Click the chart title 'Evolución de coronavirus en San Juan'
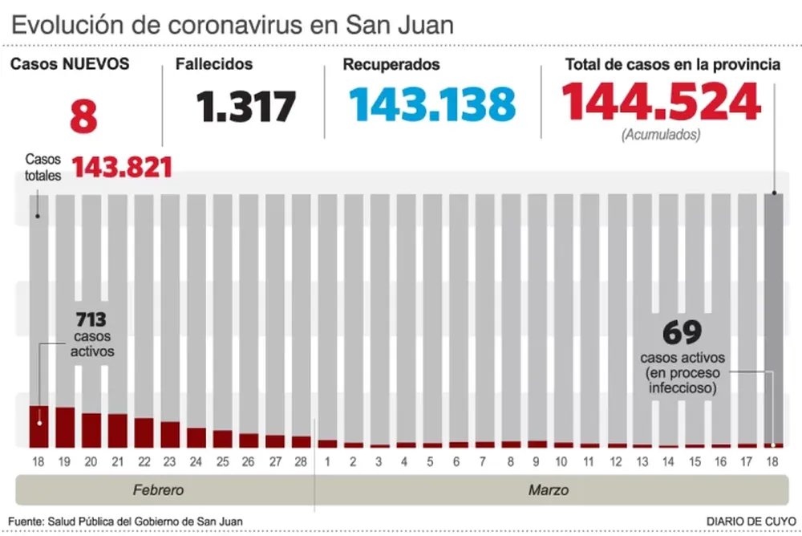[x=233, y=24]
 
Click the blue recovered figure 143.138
[x=431, y=104]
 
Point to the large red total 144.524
[x=660, y=102]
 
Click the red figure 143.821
[x=123, y=167]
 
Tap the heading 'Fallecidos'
[x=213, y=64]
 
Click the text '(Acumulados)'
[x=660, y=135]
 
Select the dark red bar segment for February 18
[x=39, y=427]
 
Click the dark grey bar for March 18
[x=774, y=321]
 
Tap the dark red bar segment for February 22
[x=144, y=432]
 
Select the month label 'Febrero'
[x=158, y=489]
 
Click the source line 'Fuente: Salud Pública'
[x=126, y=522]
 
